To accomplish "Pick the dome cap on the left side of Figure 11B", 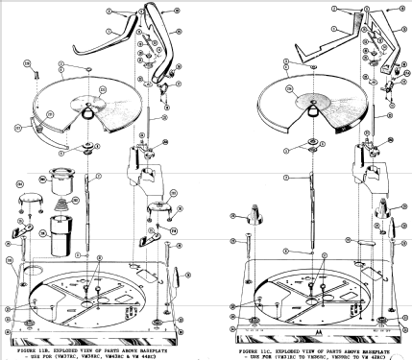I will (29, 197).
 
